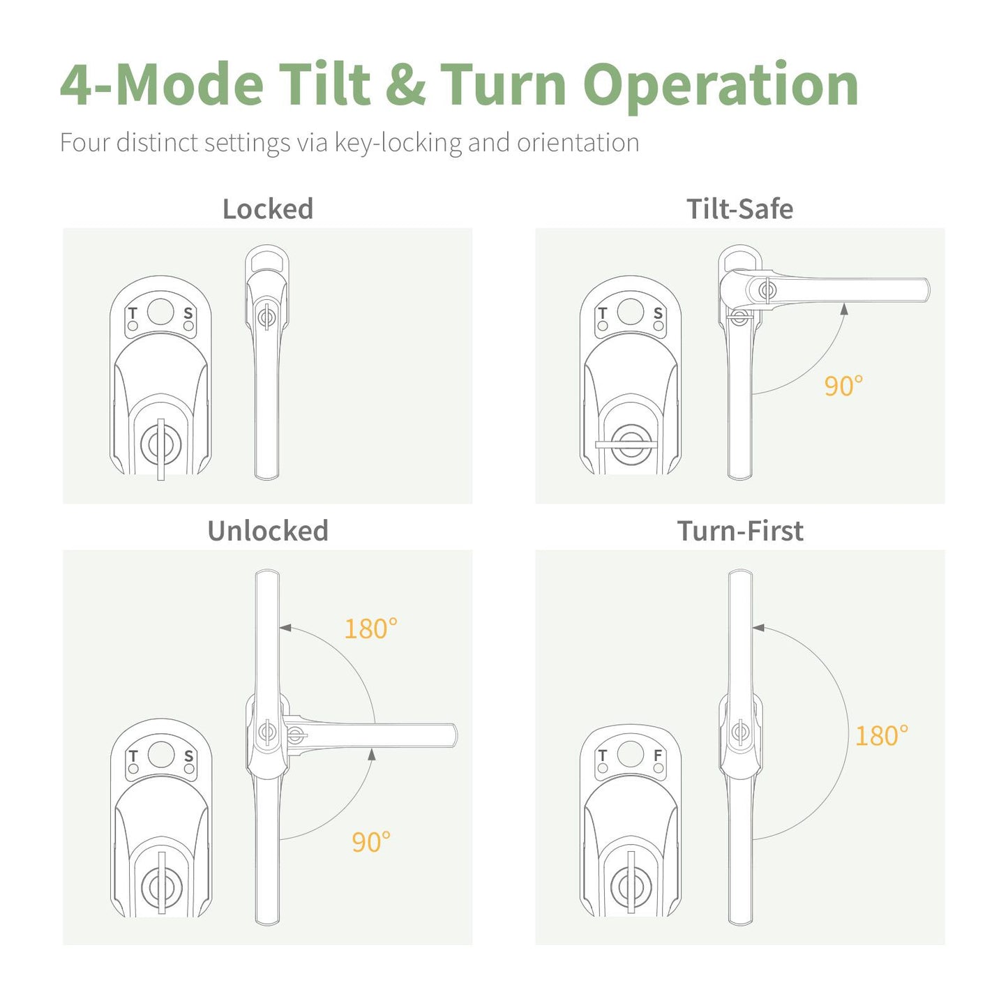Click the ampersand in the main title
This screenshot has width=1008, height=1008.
(405, 85)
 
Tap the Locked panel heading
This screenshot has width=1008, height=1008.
(267, 209)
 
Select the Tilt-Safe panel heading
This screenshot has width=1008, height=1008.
(739, 209)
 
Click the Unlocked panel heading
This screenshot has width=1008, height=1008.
(267, 531)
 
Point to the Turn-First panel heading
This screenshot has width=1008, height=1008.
(739, 531)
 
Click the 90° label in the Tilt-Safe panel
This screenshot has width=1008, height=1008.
(843, 386)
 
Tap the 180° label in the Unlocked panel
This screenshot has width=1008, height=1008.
(370, 629)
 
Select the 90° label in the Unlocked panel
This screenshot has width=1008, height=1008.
(370, 843)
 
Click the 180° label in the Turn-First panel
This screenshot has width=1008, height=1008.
(882, 737)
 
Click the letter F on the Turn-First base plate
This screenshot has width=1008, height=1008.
(657, 755)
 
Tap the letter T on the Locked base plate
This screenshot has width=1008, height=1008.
(133, 313)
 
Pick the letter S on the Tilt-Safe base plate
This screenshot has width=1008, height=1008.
(658, 313)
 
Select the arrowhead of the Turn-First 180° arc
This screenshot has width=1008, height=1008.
(758, 629)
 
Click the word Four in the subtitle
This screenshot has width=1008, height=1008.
(85, 143)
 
